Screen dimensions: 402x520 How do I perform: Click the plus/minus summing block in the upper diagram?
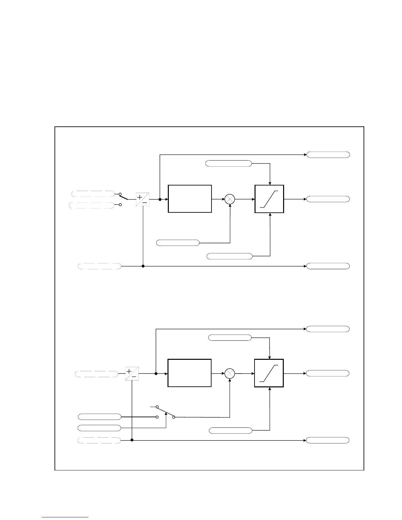coord(143,200)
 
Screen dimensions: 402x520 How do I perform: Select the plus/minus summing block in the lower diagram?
coord(132,374)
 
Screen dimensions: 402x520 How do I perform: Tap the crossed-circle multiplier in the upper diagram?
coord(230,199)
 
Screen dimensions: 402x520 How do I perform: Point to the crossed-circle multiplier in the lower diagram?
coord(230,374)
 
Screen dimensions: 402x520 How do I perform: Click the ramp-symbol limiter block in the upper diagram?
coord(269,199)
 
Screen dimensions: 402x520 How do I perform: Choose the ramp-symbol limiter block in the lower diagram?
coord(269,373)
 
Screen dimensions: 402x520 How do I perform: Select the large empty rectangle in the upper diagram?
coord(190,199)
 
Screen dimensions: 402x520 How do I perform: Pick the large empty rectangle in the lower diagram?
coord(190,373)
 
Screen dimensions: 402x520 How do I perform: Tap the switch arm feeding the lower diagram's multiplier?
coord(165,412)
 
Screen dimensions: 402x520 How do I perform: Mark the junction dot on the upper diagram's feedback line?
coord(143,266)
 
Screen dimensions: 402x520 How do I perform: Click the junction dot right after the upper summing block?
coord(160,200)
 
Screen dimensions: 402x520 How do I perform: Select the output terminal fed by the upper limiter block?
coord(328,199)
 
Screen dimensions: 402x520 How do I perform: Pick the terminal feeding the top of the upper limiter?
coord(229,163)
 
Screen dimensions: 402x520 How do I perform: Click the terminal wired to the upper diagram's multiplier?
coord(178,243)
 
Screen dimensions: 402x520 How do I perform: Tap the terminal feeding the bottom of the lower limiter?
coord(231,430)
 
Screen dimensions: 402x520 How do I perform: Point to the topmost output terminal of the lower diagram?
coord(328,329)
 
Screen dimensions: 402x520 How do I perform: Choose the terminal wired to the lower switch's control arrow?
coord(100,428)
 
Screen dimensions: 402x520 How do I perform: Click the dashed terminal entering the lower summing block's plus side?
coord(97,374)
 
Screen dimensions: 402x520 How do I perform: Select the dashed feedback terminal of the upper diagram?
coord(100,266)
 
